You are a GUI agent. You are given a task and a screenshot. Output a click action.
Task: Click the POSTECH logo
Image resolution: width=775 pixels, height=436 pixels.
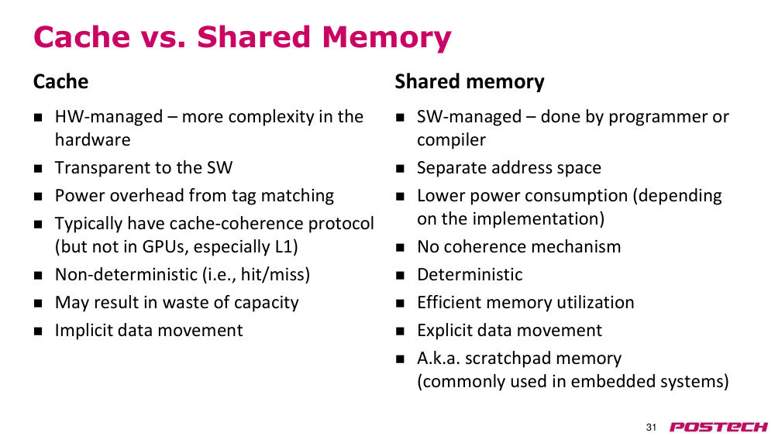[x=718, y=427]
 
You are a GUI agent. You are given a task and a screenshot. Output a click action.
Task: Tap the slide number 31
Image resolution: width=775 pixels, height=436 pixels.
[x=651, y=427]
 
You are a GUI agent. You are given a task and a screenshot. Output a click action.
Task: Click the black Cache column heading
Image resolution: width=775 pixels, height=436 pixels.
[x=60, y=81]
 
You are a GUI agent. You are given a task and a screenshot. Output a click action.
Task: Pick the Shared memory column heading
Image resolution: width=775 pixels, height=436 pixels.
[x=469, y=81]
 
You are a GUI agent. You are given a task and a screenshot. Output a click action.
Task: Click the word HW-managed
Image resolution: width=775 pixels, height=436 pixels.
[x=108, y=117]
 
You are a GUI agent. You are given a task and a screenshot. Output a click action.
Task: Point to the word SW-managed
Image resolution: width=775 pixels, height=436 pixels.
[x=469, y=117]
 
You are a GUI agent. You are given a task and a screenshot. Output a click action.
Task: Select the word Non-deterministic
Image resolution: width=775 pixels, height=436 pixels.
[x=126, y=275]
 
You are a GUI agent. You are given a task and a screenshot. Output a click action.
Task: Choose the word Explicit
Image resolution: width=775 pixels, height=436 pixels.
[x=443, y=331]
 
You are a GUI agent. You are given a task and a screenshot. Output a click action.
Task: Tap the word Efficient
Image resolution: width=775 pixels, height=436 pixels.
[x=449, y=303]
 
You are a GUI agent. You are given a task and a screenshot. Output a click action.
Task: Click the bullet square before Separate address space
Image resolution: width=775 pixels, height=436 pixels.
[x=400, y=169]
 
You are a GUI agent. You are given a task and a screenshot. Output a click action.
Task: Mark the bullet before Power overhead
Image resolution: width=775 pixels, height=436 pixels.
[x=38, y=197]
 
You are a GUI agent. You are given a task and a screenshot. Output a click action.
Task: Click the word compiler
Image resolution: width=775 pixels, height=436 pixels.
[x=451, y=140]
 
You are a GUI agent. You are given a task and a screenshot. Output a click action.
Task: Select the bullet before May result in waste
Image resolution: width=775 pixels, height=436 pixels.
[x=38, y=304]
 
